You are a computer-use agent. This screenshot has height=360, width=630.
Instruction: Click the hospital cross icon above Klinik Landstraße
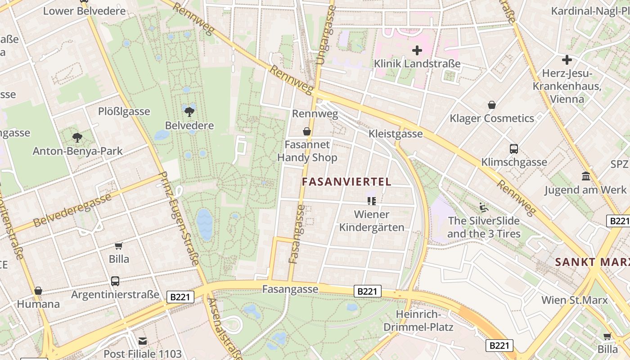(x=417, y=50)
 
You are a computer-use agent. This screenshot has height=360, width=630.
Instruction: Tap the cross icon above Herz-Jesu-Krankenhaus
(x=567, y=59)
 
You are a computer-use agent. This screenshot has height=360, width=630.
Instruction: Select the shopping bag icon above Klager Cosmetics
(x=492, y=105)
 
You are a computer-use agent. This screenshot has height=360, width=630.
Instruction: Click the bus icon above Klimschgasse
(x=513, y=149)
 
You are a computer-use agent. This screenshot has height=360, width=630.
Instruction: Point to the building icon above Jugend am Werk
(x=585, y=176)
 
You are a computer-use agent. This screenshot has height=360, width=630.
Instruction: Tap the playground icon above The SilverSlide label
(x=484, y=207)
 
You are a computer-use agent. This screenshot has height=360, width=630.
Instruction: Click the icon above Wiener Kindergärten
(x=371, y=201)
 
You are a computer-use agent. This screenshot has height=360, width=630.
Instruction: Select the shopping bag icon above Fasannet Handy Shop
(x=307, y=131)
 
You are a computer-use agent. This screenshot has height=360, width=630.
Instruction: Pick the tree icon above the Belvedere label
(x=189, y=111)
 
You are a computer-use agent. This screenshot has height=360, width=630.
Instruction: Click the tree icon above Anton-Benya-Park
(x=77, y=137)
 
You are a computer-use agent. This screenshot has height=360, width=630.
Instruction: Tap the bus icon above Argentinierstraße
(x=115, y=281)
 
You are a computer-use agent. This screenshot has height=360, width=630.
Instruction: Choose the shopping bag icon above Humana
(x=38, y=291)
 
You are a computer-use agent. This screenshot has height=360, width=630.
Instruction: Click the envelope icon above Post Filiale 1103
(x=143, y=341)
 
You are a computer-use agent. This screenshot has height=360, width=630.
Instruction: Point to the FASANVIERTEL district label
(x=346, y=182)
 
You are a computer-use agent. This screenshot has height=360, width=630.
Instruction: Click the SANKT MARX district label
(x=592, y=262)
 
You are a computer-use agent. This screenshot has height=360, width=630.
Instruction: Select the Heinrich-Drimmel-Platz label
(x=418, y=320)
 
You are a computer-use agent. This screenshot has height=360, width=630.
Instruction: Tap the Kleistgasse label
(x=396, y=134)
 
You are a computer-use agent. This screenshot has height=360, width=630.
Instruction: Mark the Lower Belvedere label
(x=85, y=11)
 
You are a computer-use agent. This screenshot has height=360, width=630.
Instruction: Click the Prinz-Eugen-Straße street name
(x=179, y=218)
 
